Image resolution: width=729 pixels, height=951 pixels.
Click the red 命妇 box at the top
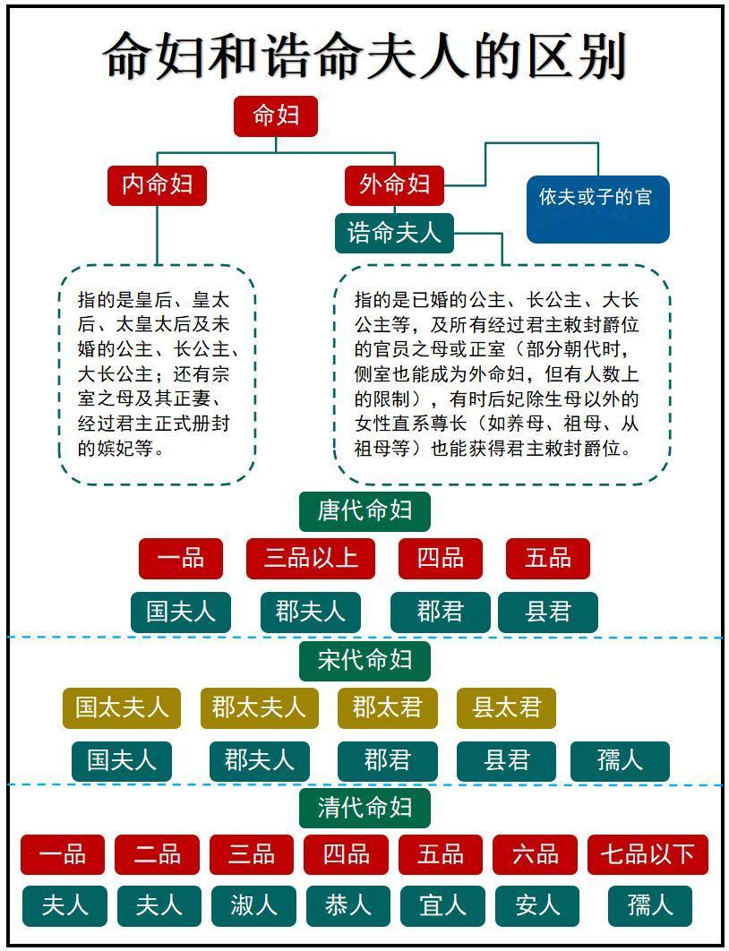pyautogui.click(x=276, y=116)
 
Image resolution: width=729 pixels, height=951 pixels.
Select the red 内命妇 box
pyautogui.click(x=158, y=184)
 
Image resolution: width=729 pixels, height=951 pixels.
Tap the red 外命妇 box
pyautogui.click(x=395, y=184)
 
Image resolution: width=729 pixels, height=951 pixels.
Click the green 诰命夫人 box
pyautogui.click(x=394, y=233)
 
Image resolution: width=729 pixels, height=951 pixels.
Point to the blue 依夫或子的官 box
pyautogui.click(x=597, y=210)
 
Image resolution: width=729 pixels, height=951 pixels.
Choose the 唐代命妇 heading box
pyautogui.click(x=364, y=510)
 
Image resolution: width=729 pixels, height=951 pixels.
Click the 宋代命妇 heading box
pyautogui.click(x=364, y=660)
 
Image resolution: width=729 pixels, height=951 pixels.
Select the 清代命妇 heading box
pyautogui.click(x=364, y=808)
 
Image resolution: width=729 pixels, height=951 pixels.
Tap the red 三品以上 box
pyautogui.click(x=311, y=558)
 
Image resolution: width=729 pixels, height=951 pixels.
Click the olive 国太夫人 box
pyautogui.click(x=122, y=707)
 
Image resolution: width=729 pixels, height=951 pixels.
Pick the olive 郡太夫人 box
pyautogui.click(x=258, y=707)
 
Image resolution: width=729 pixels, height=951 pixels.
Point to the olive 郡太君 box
pyautogui.click(x=387, y=707)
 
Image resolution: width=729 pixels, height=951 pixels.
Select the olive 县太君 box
pyautogui.click(x=506, y=707)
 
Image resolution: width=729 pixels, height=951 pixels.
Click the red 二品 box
pyautogui.click(x=157, y=854)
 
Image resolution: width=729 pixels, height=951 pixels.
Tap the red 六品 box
pyautogui.click(x=535, y=854)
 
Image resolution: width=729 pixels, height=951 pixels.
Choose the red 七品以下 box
pyautogui.click(x=648, y=854)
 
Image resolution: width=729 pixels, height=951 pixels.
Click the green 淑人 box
pyautogui.click(x=253, y=905)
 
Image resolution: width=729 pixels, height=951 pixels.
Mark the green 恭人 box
pyautogui.click(x=347, y=905)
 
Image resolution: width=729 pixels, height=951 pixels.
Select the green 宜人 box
pyautogui.click(x=442, y=905)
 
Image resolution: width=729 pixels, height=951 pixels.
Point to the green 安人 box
pyautogui.click(x=536, y=905)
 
